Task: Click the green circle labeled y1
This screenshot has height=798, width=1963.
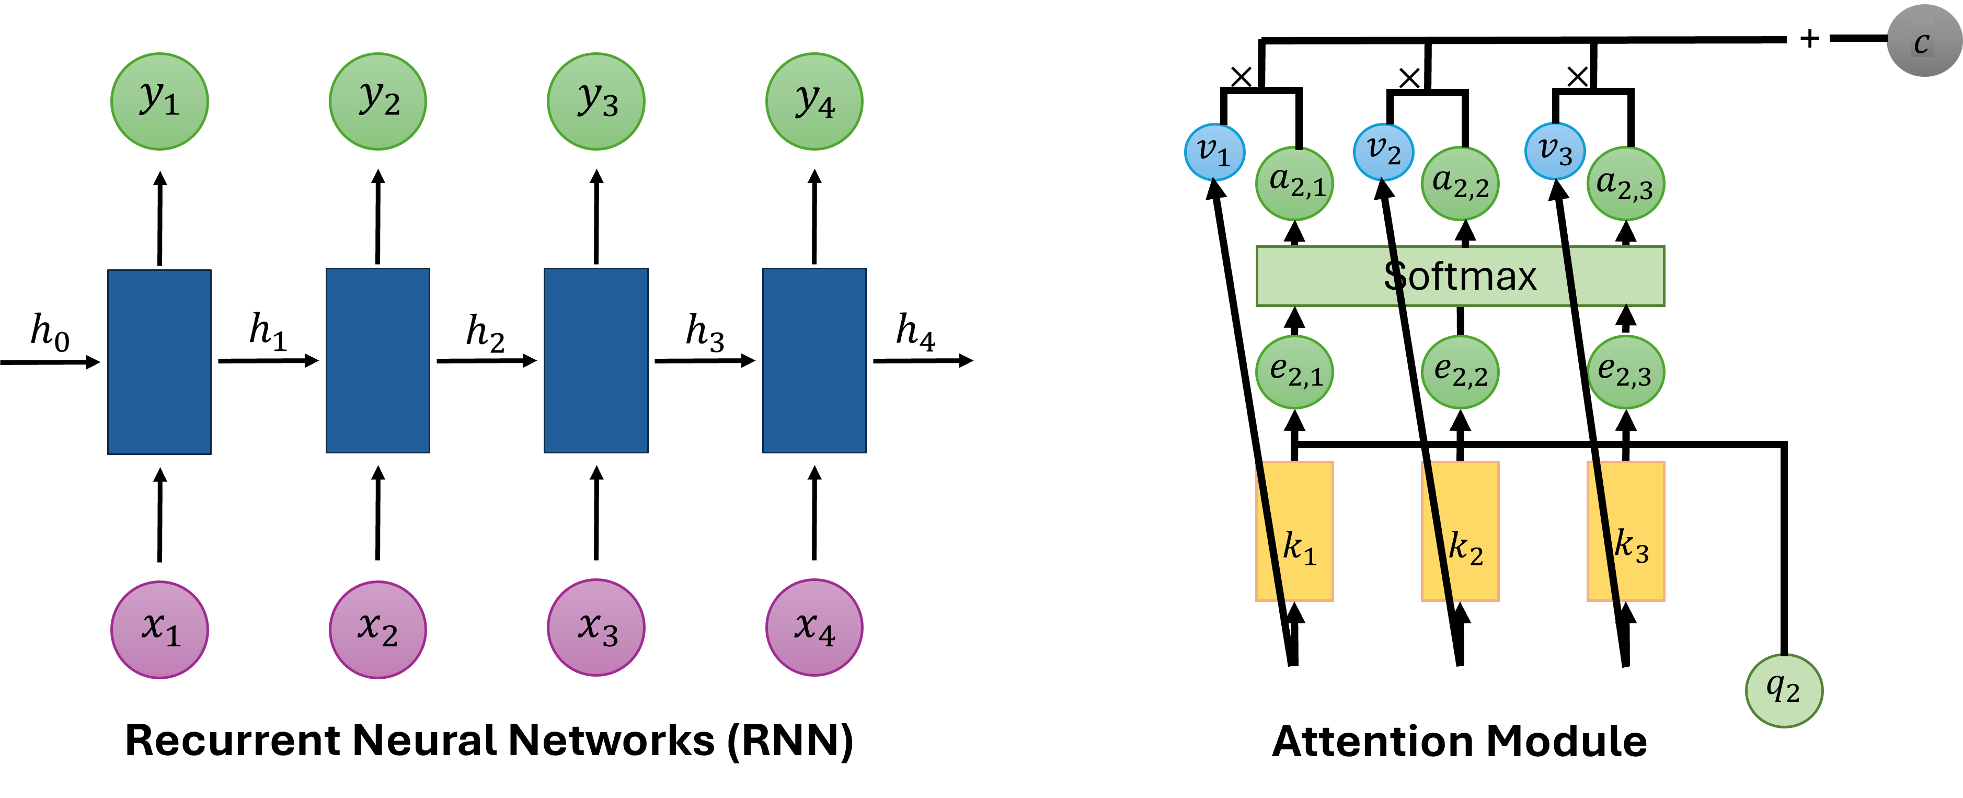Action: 159,101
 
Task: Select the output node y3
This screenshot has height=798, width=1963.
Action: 596,101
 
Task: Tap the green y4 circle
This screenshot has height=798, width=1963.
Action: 814,101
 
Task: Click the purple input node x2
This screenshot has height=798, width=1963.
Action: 378,630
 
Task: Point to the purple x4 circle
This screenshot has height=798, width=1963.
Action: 814,628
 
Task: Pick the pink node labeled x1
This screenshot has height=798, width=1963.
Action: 159,630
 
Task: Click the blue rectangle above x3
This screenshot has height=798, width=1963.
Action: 596,360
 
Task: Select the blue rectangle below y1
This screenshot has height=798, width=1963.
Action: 159,362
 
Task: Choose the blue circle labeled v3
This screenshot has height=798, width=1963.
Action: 1555,152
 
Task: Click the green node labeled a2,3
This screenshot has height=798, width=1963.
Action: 1625,184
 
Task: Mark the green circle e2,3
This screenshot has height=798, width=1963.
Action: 1625,372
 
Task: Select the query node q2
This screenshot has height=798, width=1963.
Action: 1784,690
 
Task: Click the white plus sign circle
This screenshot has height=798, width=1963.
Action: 1809,39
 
